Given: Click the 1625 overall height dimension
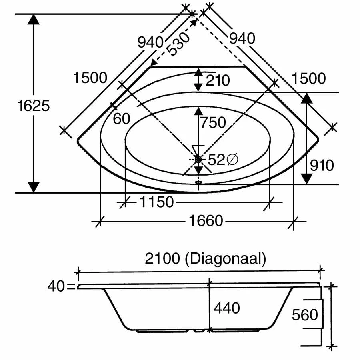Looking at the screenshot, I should (34, 106).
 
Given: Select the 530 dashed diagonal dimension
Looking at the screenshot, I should (178, 44).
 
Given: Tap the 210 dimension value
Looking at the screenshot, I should (218, 80).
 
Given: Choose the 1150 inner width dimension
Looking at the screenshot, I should (156, 202).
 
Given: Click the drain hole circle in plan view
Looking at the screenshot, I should (198, 159).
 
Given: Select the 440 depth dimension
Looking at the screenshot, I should (227, 308).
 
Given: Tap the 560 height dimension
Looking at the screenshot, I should (305, 315).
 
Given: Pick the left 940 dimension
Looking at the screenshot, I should (150, 41).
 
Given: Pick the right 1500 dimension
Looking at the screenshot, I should (308, 79).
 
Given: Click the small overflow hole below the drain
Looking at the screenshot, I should (198, 182).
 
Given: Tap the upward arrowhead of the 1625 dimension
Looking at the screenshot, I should (34, 20).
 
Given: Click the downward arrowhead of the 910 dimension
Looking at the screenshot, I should (306, 178).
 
